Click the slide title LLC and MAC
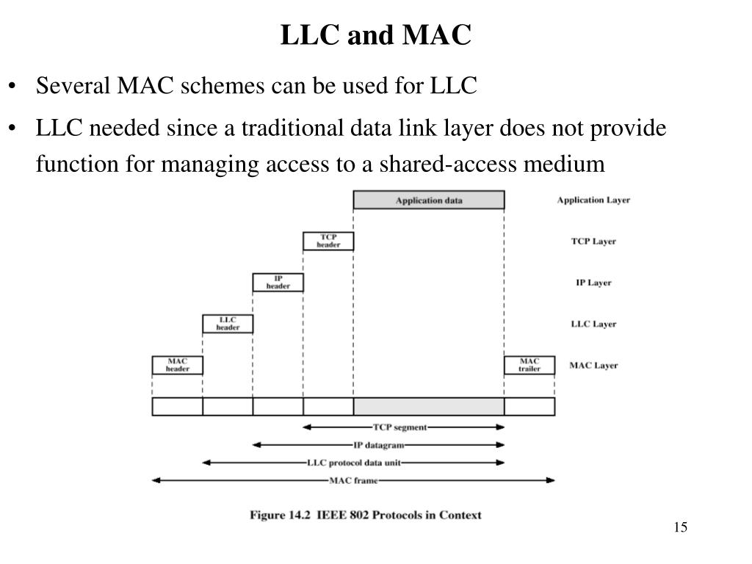[375, 35]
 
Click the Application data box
[429, 200]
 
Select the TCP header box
[328, 241]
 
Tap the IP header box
[278, 282]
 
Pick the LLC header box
[228, 324]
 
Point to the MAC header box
[177, 365]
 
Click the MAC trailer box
[529, 365]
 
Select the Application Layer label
[593, 200]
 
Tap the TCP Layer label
[593, 241]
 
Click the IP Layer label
[593, 283]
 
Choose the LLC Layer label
[593, 324]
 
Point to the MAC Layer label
[593, 365]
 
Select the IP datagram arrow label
[377, 445]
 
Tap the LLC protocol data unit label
[354, 463]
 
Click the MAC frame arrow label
[352, 481]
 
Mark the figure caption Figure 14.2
[366, 515]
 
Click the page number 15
[679, 528]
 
